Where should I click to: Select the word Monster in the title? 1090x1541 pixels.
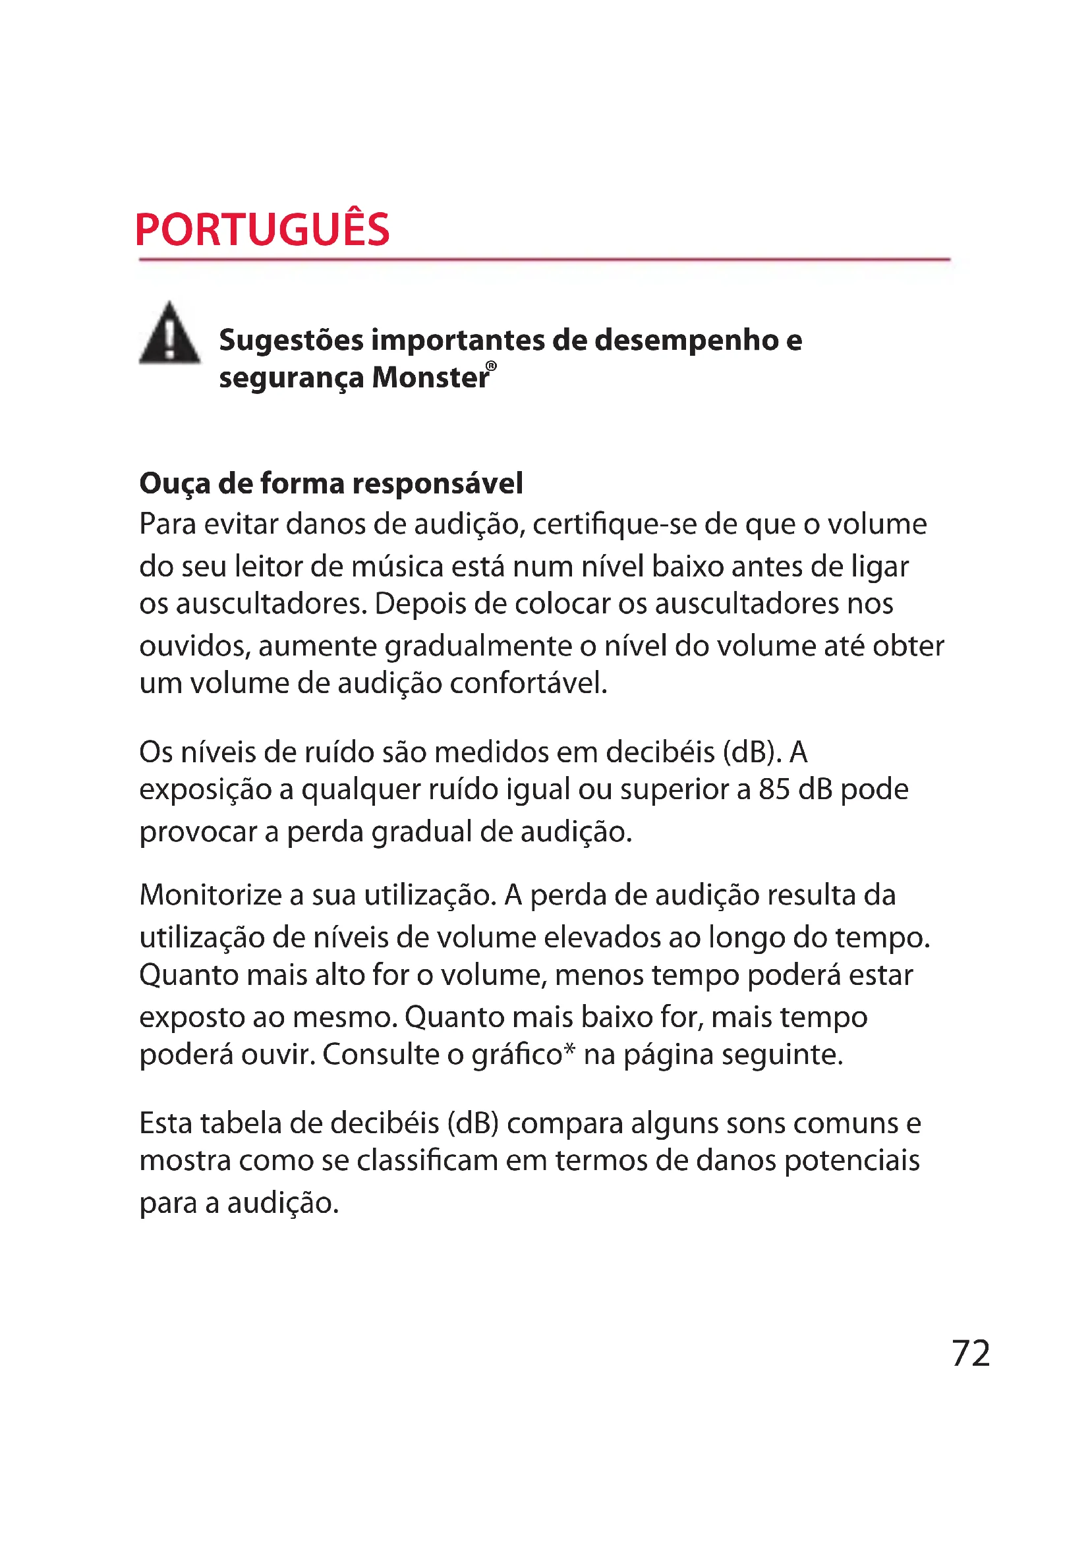(x=430, y=378)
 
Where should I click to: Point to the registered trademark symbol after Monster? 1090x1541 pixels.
(x=492, y=366)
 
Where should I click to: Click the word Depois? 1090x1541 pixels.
(x=420, y=604)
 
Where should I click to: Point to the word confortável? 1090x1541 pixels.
(x=529, y=683)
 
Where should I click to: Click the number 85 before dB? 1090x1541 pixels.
(x=774, y=789)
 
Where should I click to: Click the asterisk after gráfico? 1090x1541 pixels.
(x=569, y=1049)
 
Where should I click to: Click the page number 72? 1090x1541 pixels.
(x=971, y=1353)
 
